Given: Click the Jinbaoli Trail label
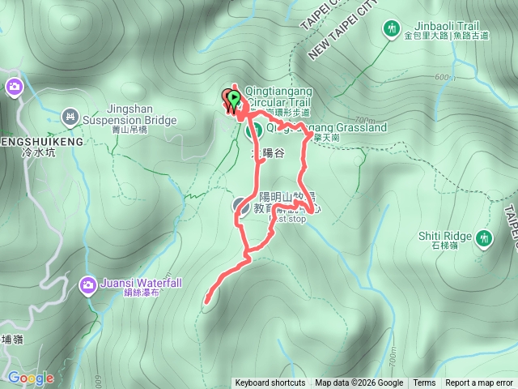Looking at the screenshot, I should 441,24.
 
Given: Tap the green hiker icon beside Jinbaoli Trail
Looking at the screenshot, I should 392,28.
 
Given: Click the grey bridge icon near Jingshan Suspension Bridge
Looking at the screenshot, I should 70,117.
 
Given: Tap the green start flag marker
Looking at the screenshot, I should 234,99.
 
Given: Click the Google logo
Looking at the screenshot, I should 31,378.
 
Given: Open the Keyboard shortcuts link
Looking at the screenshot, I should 270,383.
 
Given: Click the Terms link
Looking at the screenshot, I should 424,383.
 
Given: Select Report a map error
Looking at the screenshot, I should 479,383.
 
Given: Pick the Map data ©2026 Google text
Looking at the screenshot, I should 359,383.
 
